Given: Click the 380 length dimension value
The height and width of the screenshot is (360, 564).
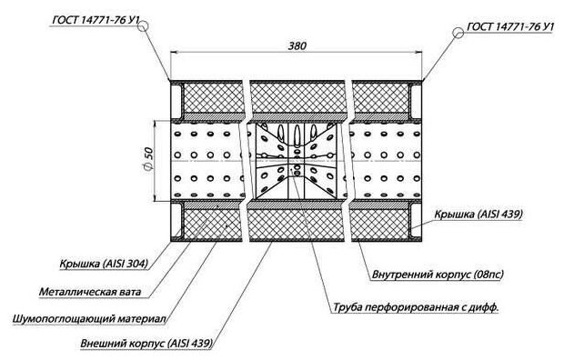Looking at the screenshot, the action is (297, 46).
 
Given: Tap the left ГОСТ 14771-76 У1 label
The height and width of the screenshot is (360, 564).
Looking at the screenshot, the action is (96, 20).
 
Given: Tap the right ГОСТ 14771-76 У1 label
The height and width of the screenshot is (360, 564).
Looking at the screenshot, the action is (510, 26).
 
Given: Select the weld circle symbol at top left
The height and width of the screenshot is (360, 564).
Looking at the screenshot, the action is (143, 25).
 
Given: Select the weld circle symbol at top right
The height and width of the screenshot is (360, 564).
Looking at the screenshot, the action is (458, 33).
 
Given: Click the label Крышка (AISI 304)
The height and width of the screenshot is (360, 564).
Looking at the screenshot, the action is (104, 264).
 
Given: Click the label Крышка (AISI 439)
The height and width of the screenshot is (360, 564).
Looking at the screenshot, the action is (478, 214).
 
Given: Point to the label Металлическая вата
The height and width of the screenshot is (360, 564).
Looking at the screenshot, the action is (90, 291).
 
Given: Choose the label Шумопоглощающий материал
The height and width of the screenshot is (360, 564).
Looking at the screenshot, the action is (89, 319).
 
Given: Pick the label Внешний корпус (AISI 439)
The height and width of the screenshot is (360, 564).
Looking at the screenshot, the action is (146, 343).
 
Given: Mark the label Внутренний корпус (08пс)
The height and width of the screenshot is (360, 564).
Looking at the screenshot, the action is (438, 275).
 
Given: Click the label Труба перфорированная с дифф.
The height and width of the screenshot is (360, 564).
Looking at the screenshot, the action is (416, 307).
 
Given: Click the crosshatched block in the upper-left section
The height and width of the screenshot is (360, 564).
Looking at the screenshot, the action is (212, 98).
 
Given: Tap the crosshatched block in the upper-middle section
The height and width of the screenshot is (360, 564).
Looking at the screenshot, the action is (297, 98).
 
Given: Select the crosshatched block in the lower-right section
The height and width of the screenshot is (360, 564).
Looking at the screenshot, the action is (380, 225).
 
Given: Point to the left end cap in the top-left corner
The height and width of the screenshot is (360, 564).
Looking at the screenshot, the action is (176, 100).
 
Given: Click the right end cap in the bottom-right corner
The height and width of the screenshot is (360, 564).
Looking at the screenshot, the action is (416, 221).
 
